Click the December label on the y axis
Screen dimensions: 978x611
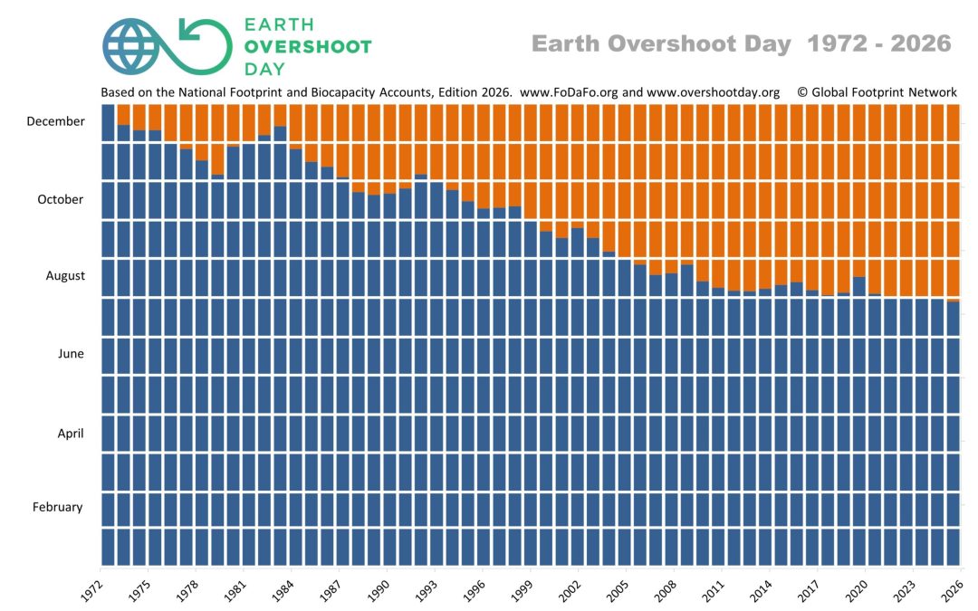[55, 121]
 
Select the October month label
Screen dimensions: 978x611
[61, 199]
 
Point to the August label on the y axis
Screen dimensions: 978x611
[65, 275]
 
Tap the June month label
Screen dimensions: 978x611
[71, 354]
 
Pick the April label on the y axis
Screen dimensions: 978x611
[71, 434]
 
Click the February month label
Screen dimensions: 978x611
[57, 507]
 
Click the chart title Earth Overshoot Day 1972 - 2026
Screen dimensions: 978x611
[742, 43]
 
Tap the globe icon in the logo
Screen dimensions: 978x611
[130, 47]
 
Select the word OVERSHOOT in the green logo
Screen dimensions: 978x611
[308, 47]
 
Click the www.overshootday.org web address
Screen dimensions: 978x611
[713, 92]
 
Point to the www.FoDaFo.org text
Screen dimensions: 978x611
[569, 92]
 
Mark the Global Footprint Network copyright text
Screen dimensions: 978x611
[877, 92]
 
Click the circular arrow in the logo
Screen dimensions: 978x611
[205, 46]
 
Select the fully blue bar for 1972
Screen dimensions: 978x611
[108, 335]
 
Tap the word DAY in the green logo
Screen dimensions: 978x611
[264, 69]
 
